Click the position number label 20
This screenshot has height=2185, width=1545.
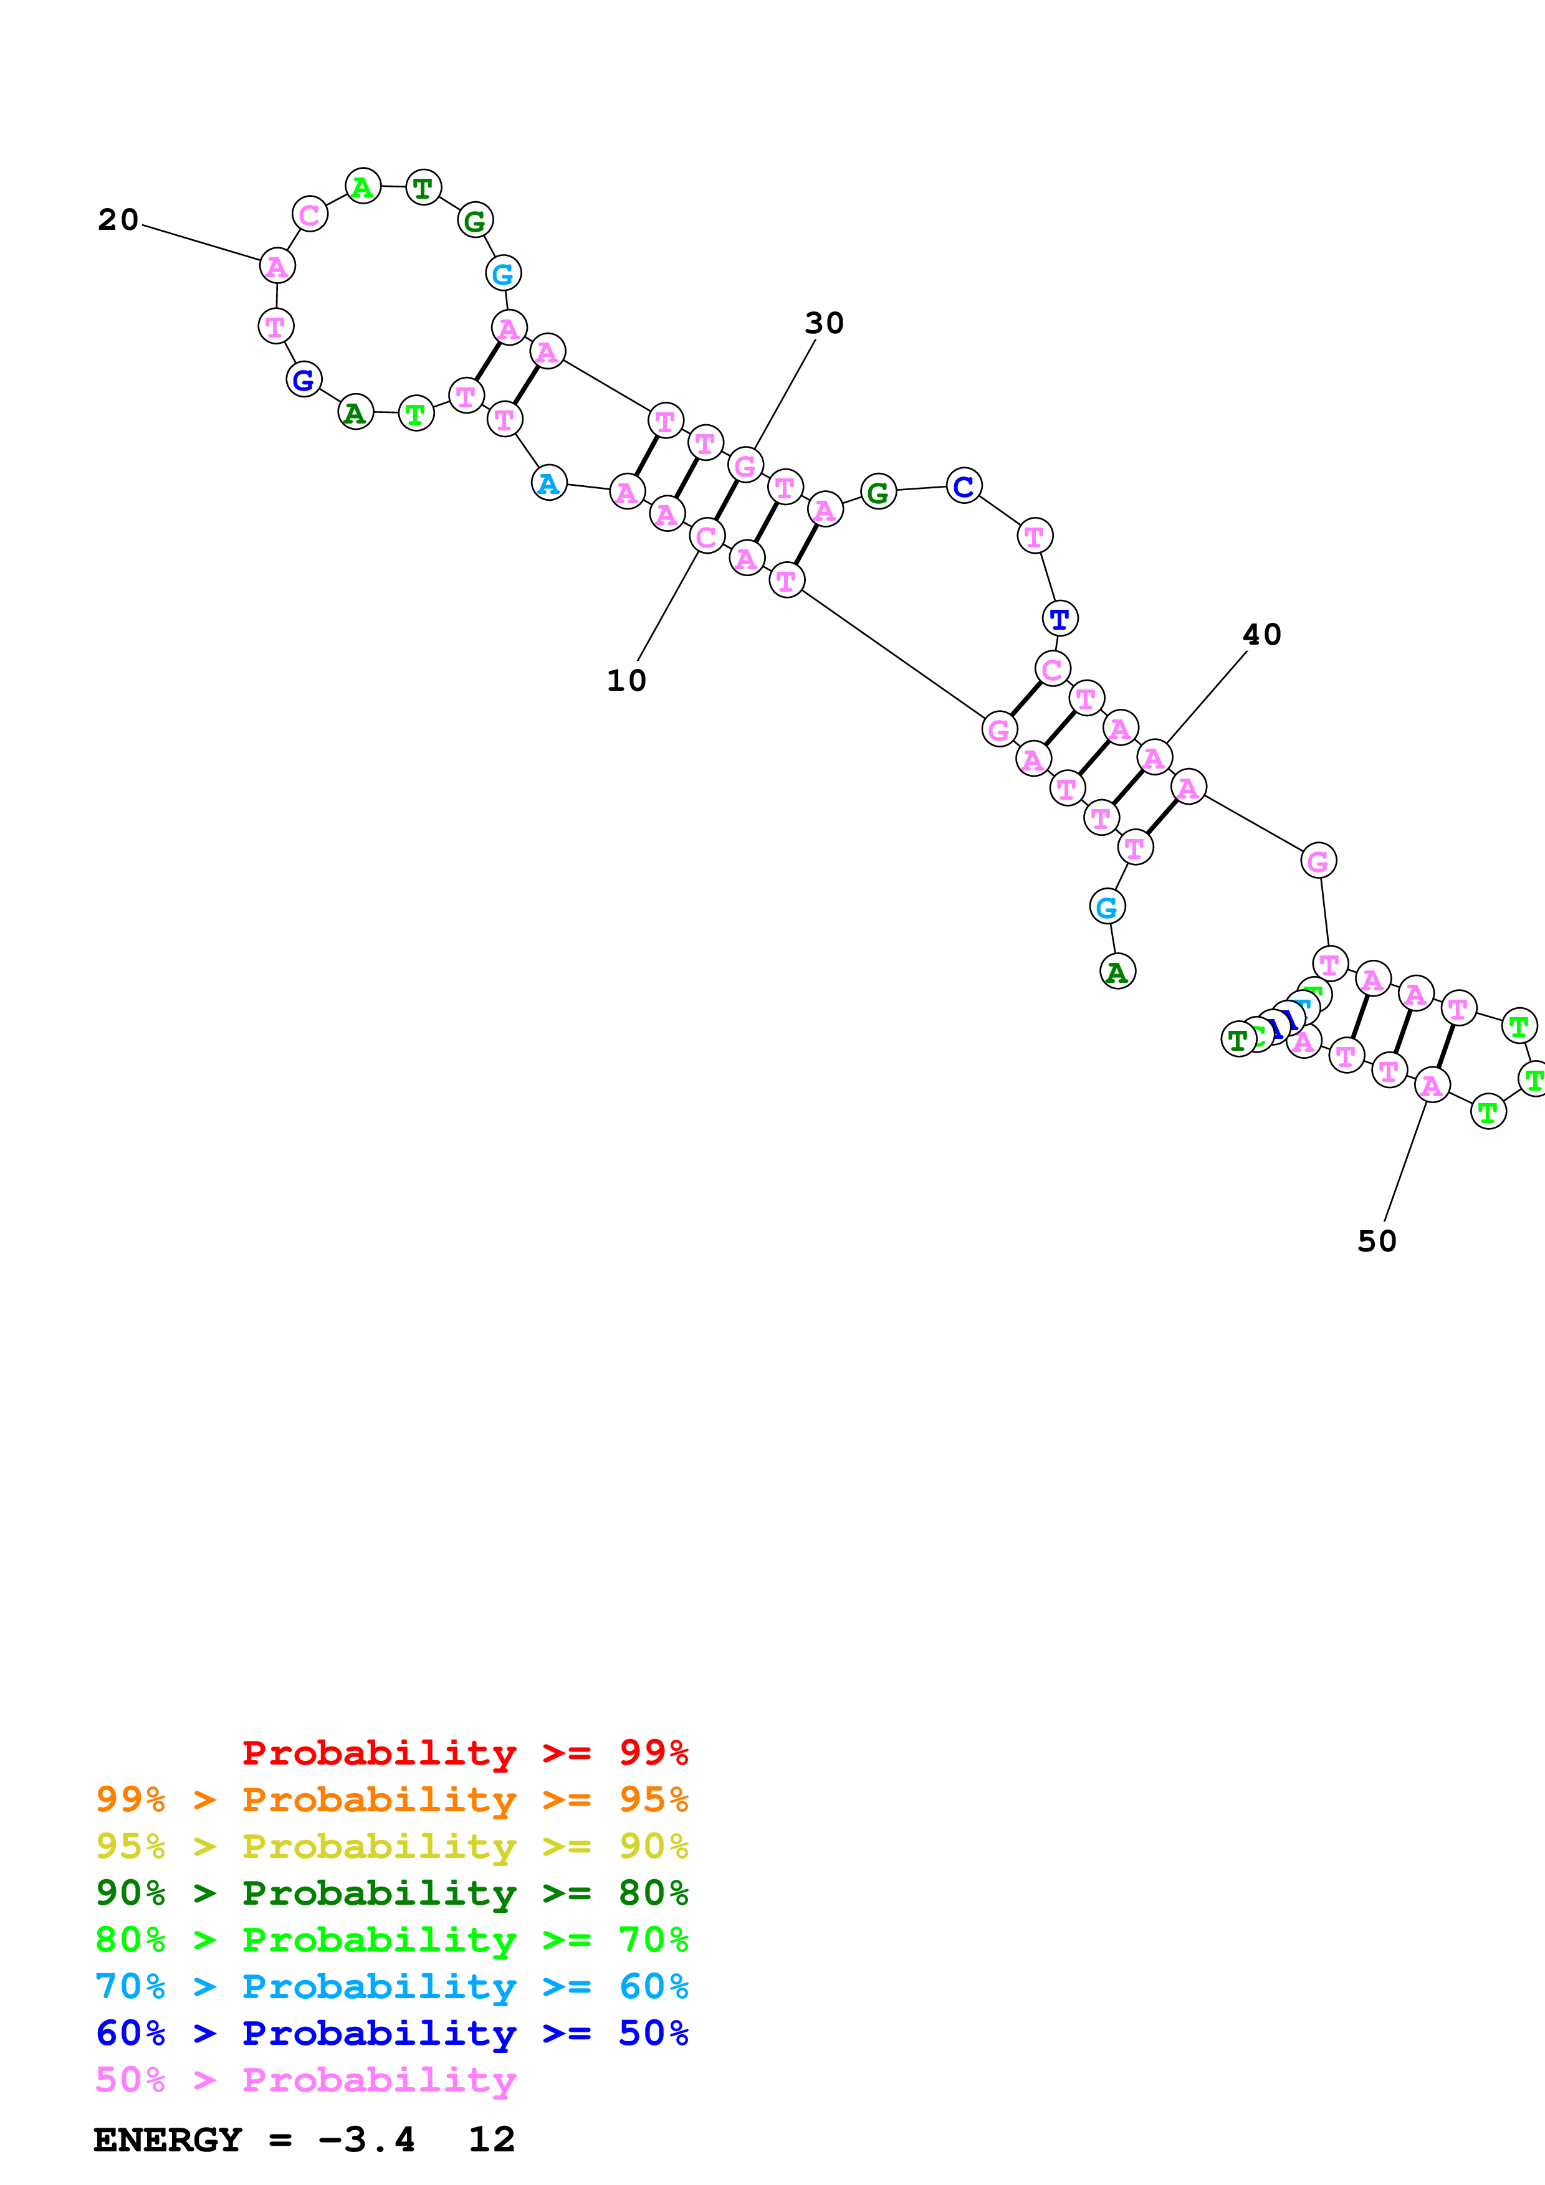click(x=118, y=220)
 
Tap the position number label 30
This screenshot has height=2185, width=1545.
click(x=823, y=323)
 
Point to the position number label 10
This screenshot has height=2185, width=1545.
click(x=626, y=680)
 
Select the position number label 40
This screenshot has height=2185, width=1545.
click(x=1261, y=635)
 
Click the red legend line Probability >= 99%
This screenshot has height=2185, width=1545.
click(x=464, y=1752)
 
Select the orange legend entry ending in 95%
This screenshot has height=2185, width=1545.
click(x=391, y=1799)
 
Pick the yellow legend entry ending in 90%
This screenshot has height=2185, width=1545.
click(x=391, y=1846)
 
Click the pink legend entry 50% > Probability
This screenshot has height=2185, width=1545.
click(x=305, y=2079)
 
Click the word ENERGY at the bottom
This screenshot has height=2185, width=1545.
click(x=168, y=2140)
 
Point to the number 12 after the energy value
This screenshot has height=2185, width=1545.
click(x=491, y=2140)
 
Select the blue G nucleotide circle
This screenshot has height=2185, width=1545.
click(x=304, y=380)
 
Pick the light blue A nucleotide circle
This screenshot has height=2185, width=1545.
click(x=548, y=483)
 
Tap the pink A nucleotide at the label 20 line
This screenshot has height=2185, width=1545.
click(x=277, y=265)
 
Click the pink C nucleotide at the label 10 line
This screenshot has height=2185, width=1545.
click(x=706, y=537)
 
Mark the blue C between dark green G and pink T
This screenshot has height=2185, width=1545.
click(x=964, y=486)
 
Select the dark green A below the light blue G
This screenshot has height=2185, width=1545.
click(x=1117, y=972)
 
